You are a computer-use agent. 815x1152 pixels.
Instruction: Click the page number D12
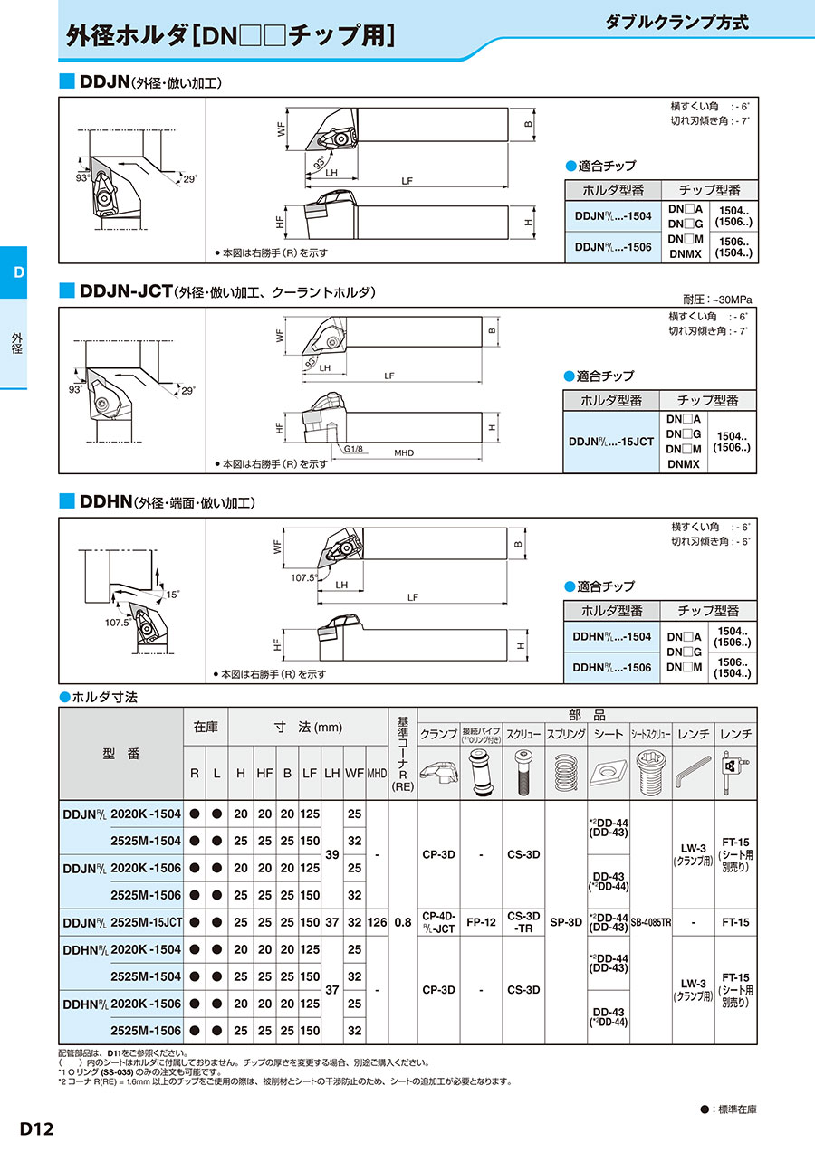point(37,1128)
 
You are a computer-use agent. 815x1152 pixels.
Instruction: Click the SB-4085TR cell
point(651,922)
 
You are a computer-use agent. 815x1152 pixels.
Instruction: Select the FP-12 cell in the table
point(482,922)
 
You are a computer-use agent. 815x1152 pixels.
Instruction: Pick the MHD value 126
point(378,922)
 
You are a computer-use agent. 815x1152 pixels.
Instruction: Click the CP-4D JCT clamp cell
point(439,922)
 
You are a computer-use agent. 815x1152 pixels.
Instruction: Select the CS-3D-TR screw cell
point(524,922)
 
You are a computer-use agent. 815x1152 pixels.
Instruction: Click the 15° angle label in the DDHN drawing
point(172,595)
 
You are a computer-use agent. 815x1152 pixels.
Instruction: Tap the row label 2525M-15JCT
point(147,922)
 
